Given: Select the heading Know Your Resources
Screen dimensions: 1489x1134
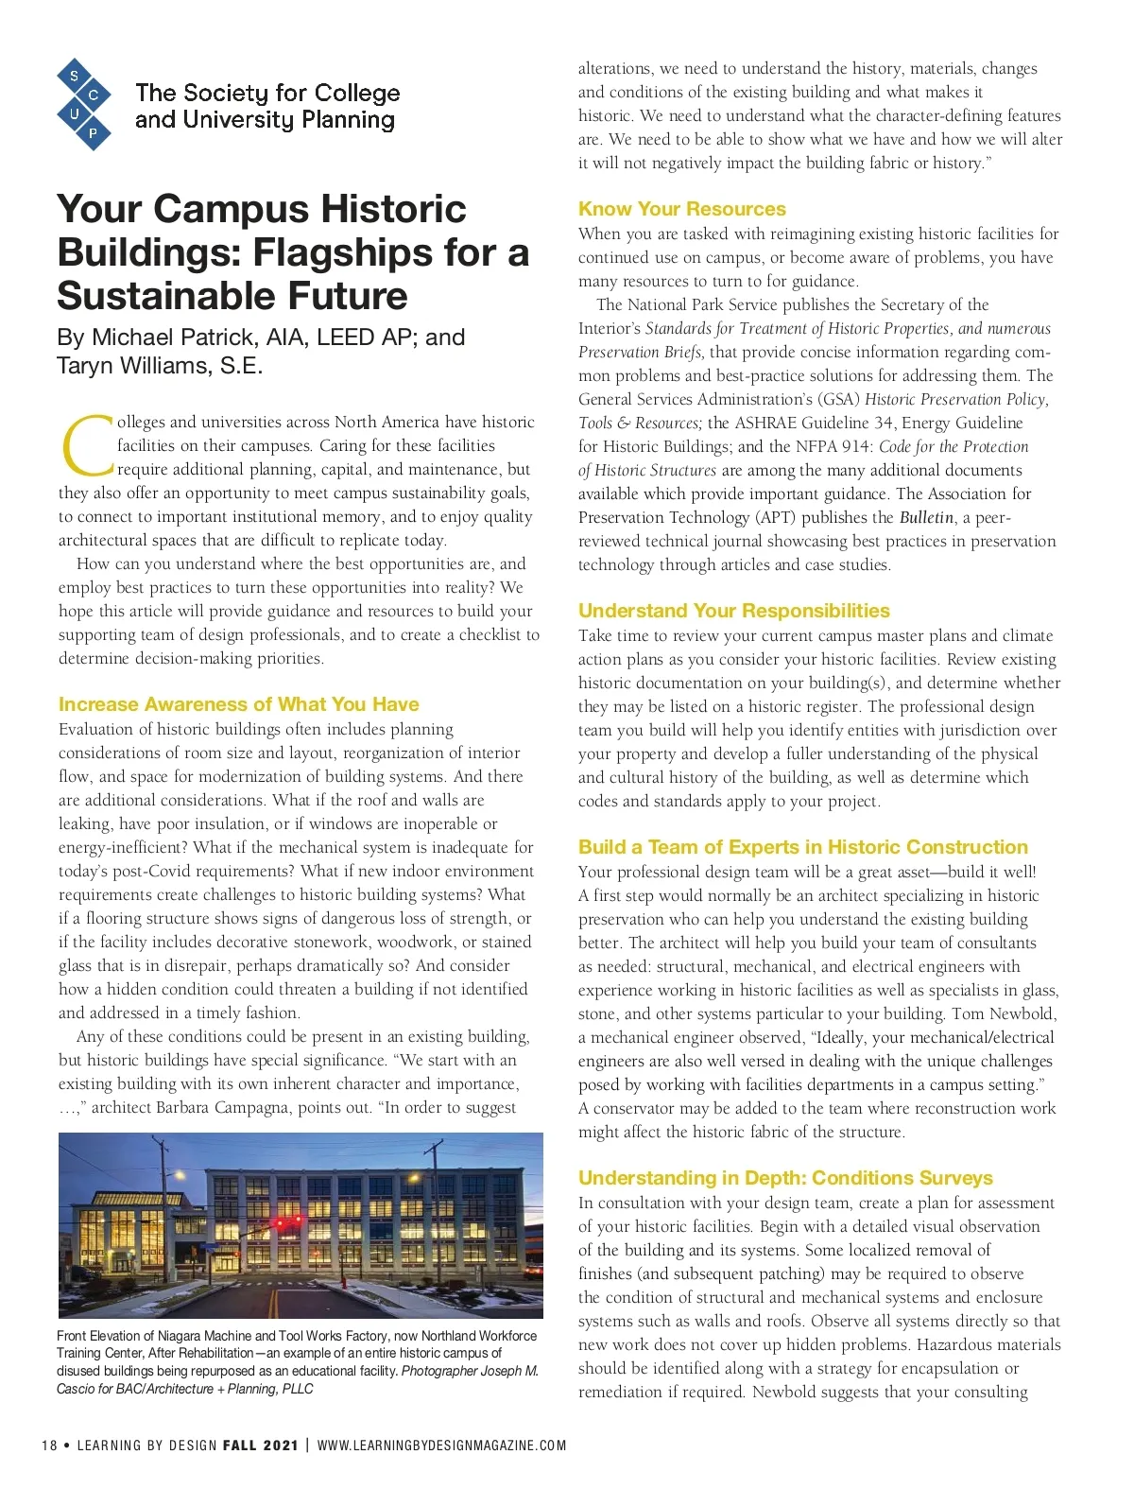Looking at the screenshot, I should [x=681, y=209].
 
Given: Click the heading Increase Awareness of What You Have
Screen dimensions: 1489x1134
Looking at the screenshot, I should [x=238, y=704].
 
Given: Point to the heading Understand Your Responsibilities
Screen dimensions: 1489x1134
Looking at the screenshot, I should [x=733, y=611].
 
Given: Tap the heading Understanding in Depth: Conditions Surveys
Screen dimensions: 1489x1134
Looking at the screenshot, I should [x=785, y=1178].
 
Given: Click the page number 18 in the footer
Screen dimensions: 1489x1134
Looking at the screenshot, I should [x=49, y=1446].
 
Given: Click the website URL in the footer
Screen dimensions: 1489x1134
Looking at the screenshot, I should [x=441, y=1446].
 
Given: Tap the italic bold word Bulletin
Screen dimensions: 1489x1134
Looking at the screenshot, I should [x=925, y=517].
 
